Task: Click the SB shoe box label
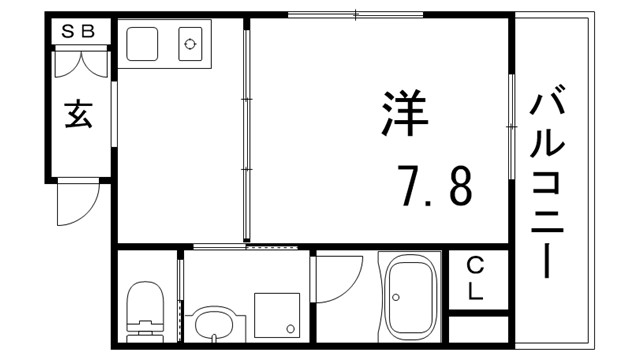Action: (79, 31)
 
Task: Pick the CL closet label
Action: (475, 279)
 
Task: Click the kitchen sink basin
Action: (142, 44)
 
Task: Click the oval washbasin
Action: (212, 324)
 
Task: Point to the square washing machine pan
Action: (277, 314)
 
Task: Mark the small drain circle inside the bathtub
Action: (396, 297)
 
